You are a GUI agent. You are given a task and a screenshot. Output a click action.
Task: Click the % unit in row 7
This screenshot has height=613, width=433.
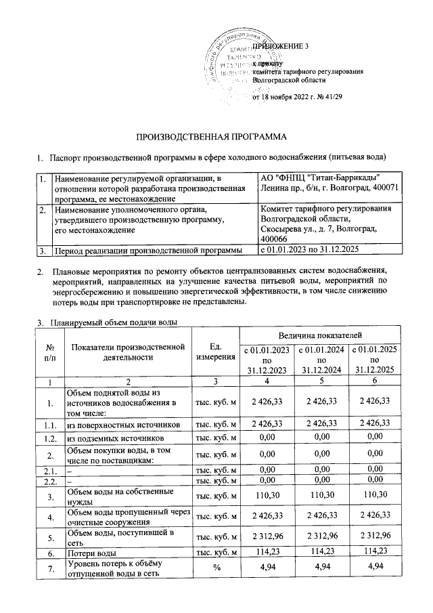click(214, 568)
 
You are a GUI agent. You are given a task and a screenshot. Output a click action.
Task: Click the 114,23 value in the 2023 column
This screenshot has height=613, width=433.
click(264, 553)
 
